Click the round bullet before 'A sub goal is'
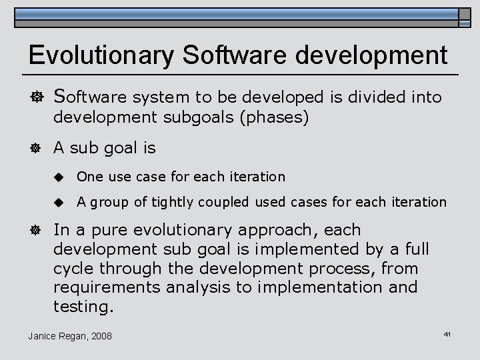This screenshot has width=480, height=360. click(34, 149)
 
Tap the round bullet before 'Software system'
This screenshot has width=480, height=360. click(34, 97)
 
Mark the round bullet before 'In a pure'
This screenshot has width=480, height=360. click(34, 231)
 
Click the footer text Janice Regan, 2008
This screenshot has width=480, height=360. click(70, 335)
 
